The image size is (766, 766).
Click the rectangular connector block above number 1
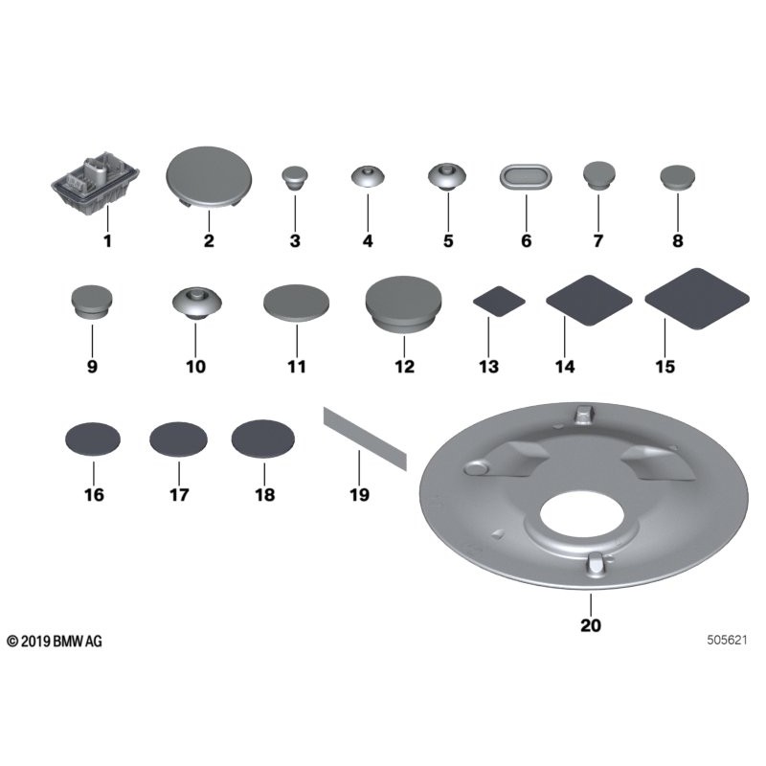95,182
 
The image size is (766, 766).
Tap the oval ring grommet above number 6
527,178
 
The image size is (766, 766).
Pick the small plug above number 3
294,177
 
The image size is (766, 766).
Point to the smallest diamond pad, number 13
500,300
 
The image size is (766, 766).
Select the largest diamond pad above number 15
696,298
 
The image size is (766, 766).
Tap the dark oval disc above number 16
93,439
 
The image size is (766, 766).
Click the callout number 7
597,241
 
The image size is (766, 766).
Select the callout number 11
296,367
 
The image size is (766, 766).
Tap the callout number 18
264,495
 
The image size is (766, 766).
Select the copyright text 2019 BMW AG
55,641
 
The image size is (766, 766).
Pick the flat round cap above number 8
678,178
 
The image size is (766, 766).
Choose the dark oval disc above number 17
179,440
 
